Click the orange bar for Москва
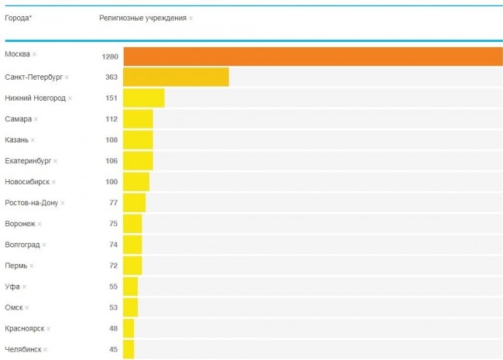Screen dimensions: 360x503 (x=313, y=57)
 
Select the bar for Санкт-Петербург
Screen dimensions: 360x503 (x=176, y=77)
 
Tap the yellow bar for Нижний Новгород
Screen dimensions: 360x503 (x=144, y=98)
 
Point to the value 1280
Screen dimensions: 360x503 (x=109, y=57)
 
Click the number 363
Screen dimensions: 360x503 (x=111, y=77)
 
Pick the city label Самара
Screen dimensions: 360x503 (x=18, y=119)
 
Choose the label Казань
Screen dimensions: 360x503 (x=16, y=140)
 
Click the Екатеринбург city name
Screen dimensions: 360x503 (x=28, y=161)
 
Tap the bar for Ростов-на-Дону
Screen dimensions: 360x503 (x=134, y=203)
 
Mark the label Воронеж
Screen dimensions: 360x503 (x=20, y=224)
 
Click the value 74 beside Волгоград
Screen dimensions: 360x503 (x=113, y=245)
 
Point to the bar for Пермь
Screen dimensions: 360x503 (x=132, y=266)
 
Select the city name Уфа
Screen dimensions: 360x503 (x=12, y=286)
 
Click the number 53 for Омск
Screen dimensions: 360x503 (x=113, y=307)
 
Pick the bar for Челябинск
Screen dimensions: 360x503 (x=128, y=349)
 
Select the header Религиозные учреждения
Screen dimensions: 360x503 (x=142, y=18)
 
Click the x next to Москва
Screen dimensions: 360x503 (x=35, y=54)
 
